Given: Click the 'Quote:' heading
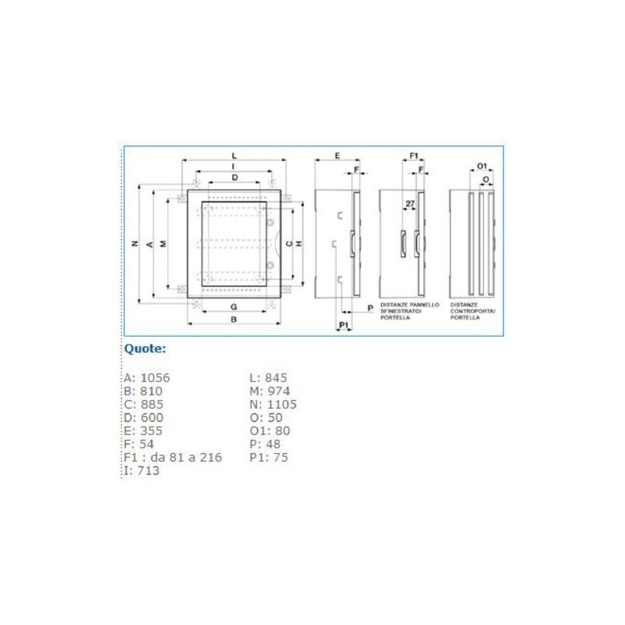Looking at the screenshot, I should (145, 349).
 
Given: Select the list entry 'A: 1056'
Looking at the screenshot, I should (147, 378).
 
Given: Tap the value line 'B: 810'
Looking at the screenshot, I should (143, 391).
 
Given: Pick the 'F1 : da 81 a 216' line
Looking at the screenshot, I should (173, 458).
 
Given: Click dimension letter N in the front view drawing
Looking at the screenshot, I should (134, 245).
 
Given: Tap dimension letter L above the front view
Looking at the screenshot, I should (234, 156).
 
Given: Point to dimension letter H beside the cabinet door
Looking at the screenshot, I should (300, 245).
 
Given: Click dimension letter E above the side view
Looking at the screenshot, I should (337, 156).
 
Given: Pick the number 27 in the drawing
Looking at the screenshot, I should (409, 204).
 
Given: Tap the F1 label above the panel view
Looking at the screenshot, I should (415, 156).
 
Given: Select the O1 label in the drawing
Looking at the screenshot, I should (482, 166).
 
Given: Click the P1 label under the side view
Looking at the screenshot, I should (344, 323).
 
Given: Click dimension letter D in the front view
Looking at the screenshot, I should (234, 178).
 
